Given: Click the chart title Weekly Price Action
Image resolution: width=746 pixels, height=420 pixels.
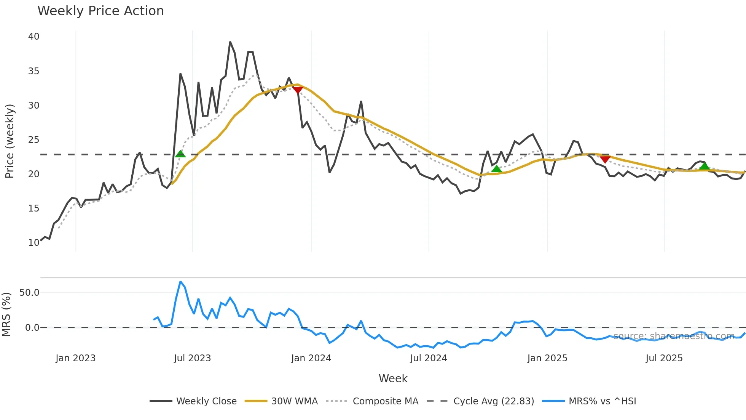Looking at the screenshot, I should tap(100, 11).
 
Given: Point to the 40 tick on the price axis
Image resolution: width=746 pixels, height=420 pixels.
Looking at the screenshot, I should tap(33, 37).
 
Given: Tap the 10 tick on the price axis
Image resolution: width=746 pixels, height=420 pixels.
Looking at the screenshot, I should tap(33, 243).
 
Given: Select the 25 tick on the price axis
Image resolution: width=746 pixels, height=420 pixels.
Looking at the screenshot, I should tap(33, 140).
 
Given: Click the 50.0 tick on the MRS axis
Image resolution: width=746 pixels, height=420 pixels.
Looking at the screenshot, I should tap(29, 293).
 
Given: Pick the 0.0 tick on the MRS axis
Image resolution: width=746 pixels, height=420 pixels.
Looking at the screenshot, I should tap(32, 328).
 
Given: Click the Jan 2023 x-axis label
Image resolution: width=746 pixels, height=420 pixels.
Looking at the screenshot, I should tap(75, 358).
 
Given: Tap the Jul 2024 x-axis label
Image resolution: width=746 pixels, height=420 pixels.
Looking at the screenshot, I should tap(428, 358).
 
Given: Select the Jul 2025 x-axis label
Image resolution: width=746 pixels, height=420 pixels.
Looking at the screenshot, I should tap(664, 358).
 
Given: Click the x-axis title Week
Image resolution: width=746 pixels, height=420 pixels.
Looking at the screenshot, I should tap(393, 378).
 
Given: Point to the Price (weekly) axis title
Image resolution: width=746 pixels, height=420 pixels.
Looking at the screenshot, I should tap(10, 141).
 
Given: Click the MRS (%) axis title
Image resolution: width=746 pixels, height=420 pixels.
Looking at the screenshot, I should tap(6, 314).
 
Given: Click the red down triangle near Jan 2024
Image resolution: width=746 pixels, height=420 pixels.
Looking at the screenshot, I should tap(297, 90).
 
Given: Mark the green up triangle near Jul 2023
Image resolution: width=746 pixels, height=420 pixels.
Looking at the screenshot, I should tap(180, 154).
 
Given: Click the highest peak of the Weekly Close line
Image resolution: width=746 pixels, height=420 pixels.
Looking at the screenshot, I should tap(230, 42).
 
